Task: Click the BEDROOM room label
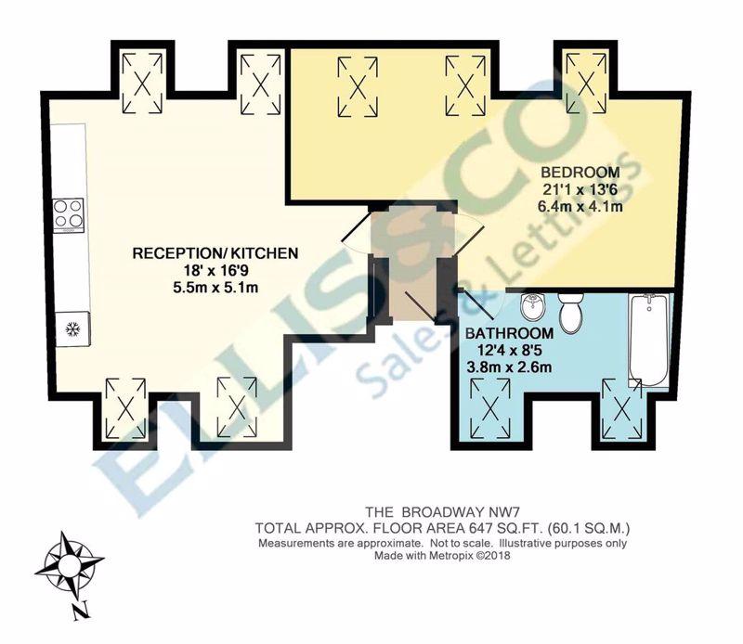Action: point(580,172)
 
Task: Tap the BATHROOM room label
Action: point(509,333)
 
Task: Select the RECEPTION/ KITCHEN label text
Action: point(215,253)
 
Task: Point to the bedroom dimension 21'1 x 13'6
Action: point(580,189)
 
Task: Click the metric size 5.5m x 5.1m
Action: point(215,288)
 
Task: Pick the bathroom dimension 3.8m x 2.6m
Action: point(509,367)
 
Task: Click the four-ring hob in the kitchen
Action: point(69,215)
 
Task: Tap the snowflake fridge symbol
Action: point(72,328)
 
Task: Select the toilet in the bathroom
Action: point(570,313)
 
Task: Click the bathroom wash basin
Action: point(533,306)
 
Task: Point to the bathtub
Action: point(648,340)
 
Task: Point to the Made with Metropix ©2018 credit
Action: point(443,556)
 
